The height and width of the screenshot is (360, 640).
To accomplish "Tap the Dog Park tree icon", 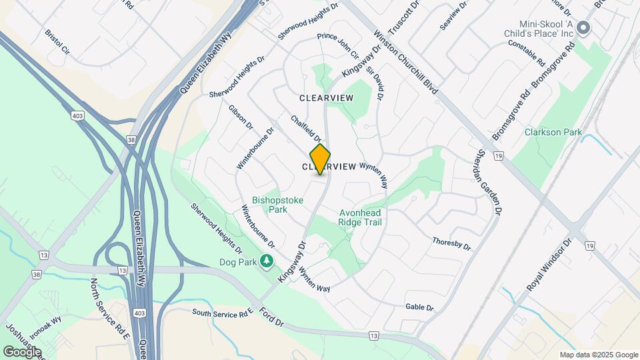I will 267,261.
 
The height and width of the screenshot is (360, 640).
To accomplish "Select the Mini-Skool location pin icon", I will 584,28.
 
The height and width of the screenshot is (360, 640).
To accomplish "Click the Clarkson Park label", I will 550,132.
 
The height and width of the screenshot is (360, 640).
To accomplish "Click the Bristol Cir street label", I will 57,41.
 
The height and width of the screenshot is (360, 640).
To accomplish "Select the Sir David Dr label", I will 375,83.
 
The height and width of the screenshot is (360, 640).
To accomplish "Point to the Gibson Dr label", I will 241,117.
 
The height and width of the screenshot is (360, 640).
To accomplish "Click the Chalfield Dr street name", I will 307,128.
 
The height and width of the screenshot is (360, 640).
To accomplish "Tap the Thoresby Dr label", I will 451,243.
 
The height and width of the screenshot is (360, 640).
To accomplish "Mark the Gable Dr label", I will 419,307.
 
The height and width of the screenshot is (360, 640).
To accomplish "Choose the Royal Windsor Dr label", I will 550,265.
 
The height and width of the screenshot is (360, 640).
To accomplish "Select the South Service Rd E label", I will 223,312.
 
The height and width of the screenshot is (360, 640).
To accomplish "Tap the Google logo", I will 22,351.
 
